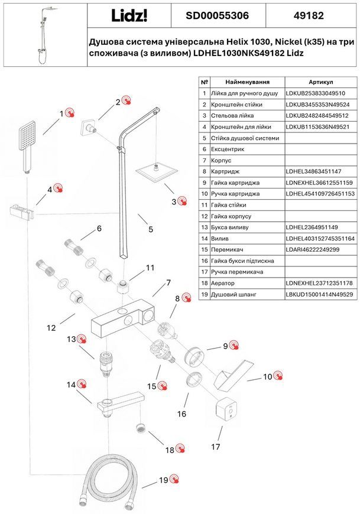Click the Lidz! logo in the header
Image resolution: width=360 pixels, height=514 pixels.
point(129,15)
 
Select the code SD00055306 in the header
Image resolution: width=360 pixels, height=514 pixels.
point(217,15)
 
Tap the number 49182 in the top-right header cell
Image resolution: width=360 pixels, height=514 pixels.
point(309,15)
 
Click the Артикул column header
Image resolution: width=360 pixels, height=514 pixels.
point(320,82)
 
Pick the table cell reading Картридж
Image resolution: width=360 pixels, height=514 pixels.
point(225,171)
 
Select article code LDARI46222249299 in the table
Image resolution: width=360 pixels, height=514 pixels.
point(313,249)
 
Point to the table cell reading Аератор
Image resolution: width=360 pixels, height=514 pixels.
point(223,283)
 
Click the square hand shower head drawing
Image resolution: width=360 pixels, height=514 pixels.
point(26,146)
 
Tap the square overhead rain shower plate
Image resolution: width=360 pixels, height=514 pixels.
point(157,173)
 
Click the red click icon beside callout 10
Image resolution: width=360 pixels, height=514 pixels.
point(278,376)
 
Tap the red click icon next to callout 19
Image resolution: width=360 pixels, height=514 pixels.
point(174,480)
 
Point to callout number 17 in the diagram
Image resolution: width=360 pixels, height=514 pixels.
point(215,447)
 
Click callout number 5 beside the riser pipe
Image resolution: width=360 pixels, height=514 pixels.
point(151,229)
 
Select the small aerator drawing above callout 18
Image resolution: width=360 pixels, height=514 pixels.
point(140,428)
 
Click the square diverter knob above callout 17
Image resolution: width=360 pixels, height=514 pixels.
point(226,408)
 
